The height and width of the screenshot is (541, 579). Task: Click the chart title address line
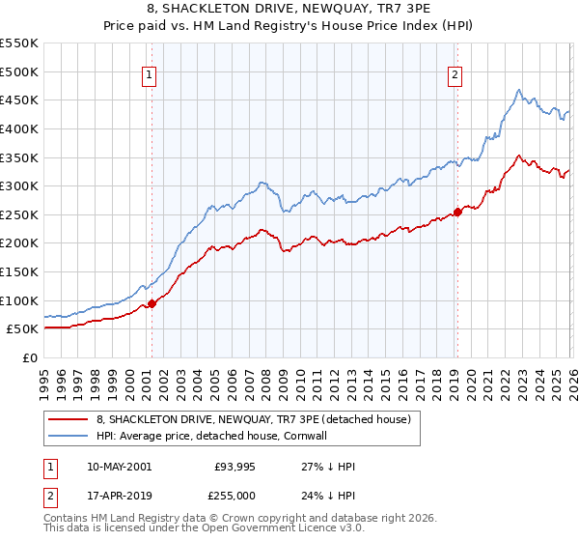(x=289, y=9)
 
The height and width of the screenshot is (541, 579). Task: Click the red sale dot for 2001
(x=152, y=303)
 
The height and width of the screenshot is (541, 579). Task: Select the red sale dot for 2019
(x=457, y=213)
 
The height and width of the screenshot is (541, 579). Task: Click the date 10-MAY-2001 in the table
(x=119, y=466)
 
